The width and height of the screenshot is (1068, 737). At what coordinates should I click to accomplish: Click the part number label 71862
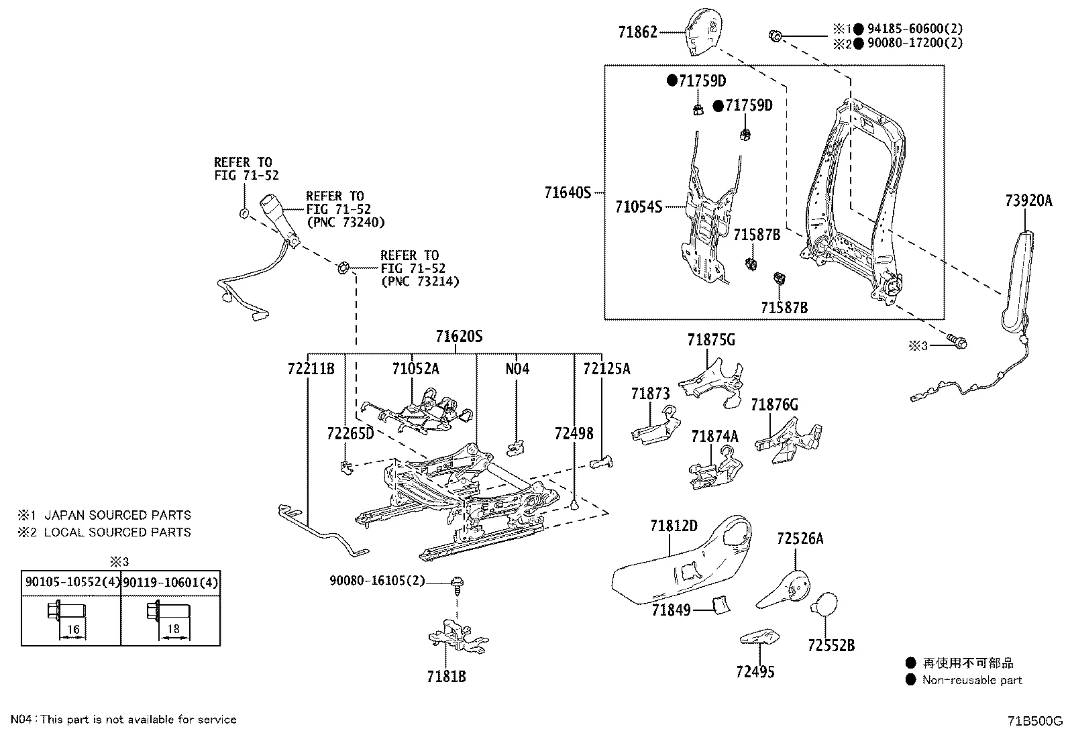click(x=637, y=32)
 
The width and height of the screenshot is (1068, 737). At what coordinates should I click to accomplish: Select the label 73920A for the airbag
click(x=1029, y=200)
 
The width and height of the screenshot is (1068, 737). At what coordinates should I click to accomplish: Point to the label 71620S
click(x=459, y=336)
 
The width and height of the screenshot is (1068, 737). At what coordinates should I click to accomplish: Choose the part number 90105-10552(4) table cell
click(x=72, y=582)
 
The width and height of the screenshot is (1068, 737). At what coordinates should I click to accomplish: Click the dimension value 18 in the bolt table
click(x=173, y=629)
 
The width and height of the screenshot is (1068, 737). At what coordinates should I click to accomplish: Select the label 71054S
click(x=638, y=207)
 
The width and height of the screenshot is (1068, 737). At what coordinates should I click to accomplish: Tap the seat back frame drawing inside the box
click(x=852, y=201)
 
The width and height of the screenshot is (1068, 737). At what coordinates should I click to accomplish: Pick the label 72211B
click(x=311, y=368)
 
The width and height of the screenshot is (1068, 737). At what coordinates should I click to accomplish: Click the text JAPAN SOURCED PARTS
click(x=117, y=515)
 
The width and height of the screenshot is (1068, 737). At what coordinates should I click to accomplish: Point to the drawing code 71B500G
click(x=1035, y=722)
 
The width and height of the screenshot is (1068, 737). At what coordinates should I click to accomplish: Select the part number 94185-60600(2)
click(x=914, y=29)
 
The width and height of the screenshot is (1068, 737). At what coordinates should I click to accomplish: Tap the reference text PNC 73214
click(x=420, y=281)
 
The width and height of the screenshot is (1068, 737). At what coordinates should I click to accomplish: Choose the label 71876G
click(x=774, y=405)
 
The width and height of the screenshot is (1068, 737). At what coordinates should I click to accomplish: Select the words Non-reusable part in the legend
click(x=971, y=680)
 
